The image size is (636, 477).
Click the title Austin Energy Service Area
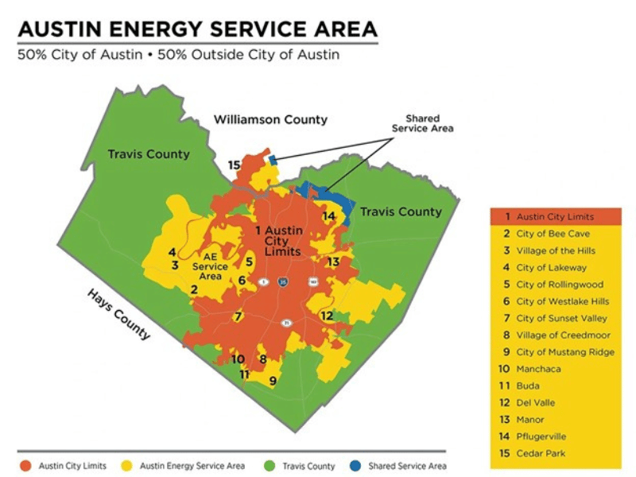[197, 30]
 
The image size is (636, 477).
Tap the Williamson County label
[270, 119]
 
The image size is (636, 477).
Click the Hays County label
[118, 313]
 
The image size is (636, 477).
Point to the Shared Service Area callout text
[422, 123]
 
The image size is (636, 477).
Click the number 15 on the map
[234, 165]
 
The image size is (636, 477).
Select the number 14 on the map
[328, 215]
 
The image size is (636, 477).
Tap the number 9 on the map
[273, 381]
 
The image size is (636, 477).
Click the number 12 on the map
[327, 316]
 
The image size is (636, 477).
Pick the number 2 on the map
[193, 289]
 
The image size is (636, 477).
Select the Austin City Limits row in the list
[555, 216]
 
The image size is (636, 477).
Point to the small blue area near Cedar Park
[273, 160]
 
